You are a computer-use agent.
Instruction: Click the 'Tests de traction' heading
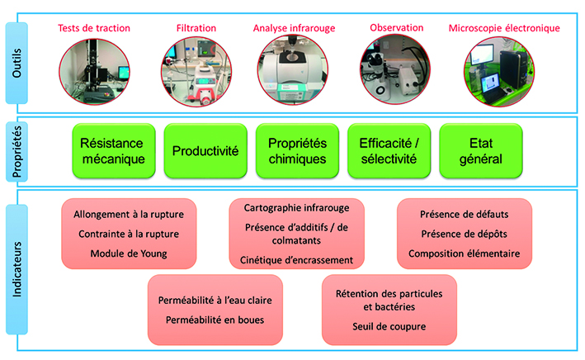tap(94, 28)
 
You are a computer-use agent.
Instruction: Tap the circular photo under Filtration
tap(196, 71)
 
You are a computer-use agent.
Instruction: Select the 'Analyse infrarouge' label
tap(294, 28)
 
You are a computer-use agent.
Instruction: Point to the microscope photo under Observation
tap(395, 69)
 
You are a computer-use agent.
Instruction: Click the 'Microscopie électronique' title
tap(504, 28)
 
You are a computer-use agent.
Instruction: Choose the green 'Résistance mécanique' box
tap(113, 151)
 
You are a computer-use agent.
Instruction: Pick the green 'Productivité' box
tap(205, 151)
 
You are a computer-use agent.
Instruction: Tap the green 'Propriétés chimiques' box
tap(297, 151)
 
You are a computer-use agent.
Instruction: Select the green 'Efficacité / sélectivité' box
tap(389, 151)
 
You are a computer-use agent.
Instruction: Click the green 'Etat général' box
tap(480, 151)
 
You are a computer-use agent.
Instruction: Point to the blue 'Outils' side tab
tap(17, 63)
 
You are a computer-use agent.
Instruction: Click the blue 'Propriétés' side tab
tap(17, 152)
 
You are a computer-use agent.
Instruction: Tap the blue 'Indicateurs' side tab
tap(17, 269)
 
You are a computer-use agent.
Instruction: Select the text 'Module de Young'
tap(129, 253)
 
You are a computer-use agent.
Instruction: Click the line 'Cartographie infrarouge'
tap(296, 208)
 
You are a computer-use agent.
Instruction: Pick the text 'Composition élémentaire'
tap(464, 253)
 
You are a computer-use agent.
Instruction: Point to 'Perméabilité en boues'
tap(215, 320)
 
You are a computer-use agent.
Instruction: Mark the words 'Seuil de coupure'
tap(389, 327)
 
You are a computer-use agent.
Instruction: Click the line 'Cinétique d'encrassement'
tap(296, 260)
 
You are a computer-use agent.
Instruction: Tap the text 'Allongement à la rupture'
tap(129, 215)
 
